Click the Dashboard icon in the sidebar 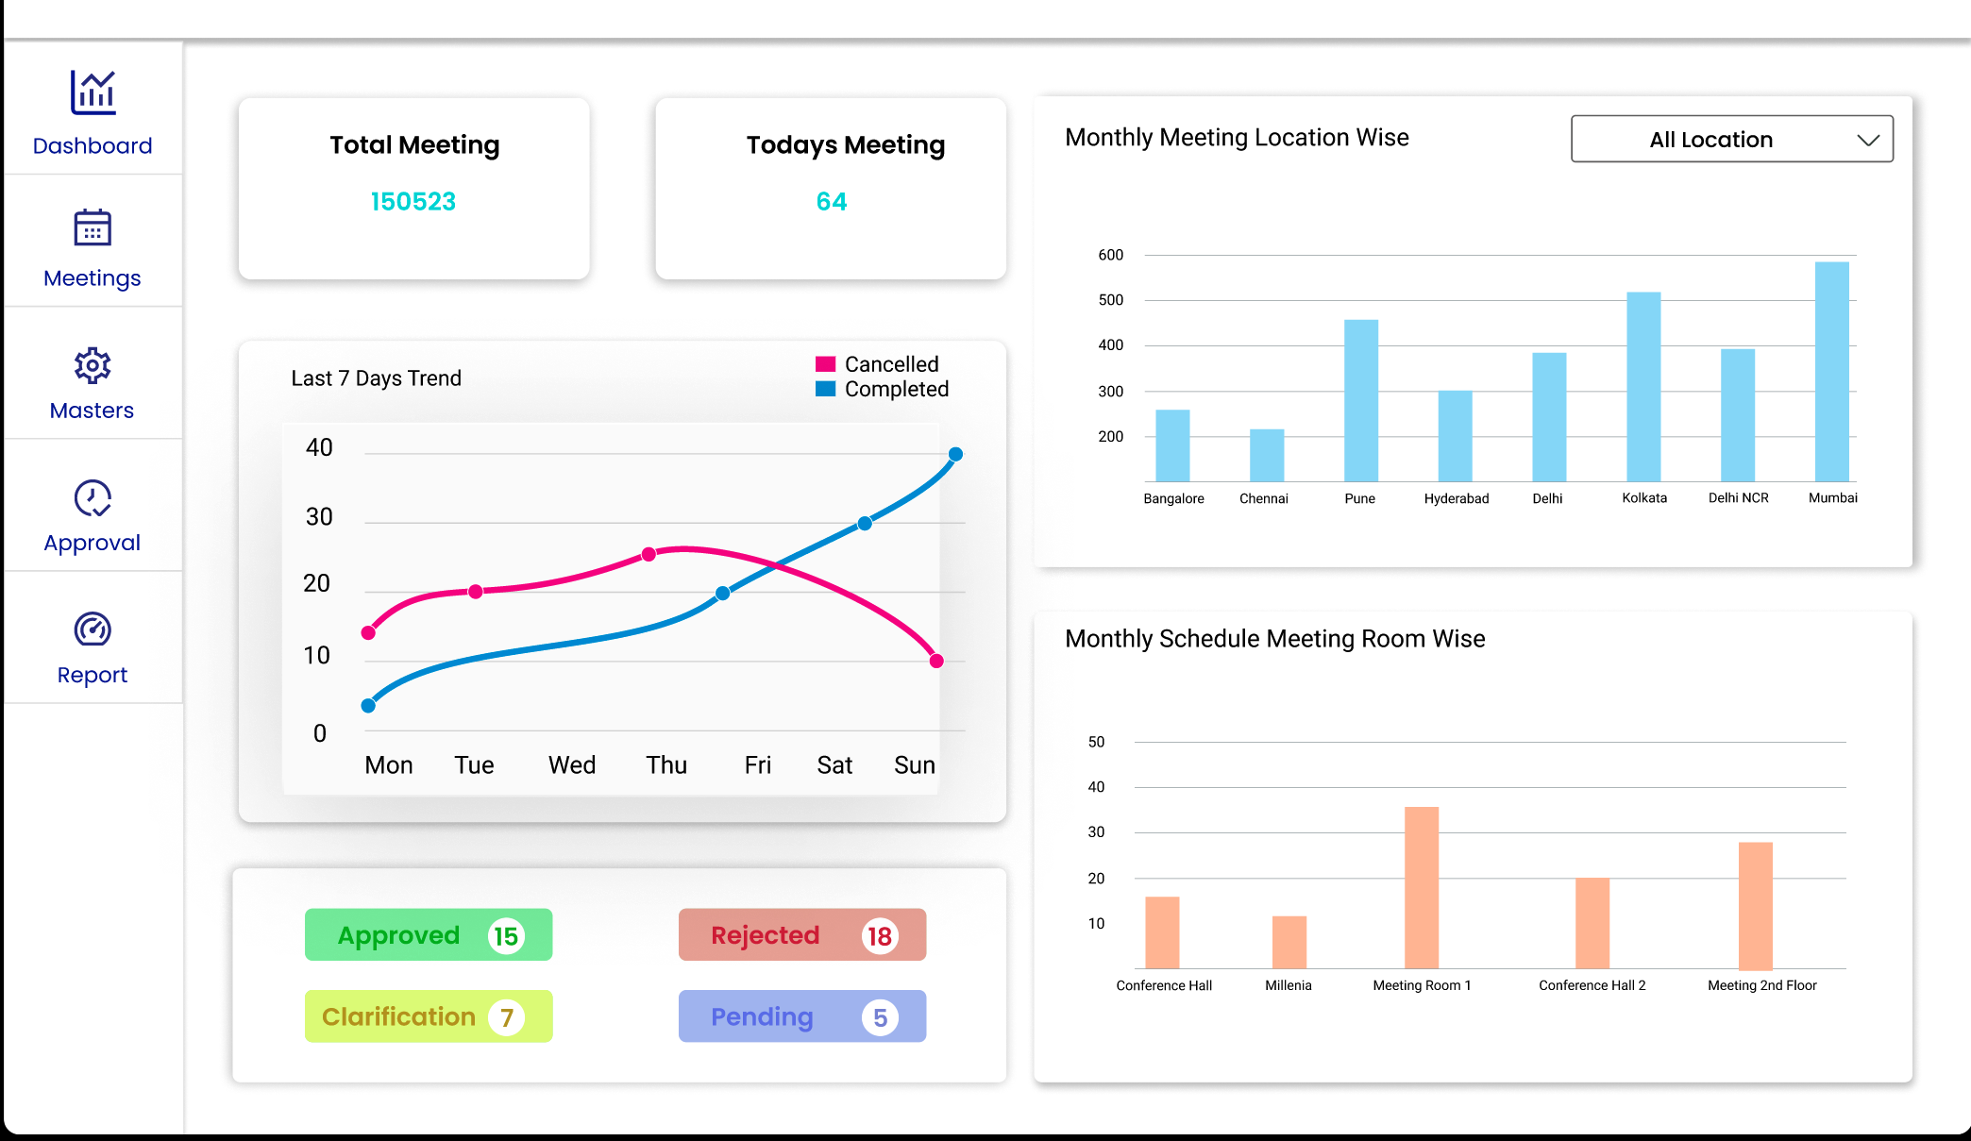(93, 92)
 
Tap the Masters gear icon (93, 365)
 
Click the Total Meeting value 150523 (413, 202)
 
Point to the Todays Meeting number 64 (832, 202)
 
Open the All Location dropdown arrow (1867, 140)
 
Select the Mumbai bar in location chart (1831, 372)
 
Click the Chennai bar (1267, 456)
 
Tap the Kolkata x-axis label (1644, 498)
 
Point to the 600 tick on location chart (1110, 255)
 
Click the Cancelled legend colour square (825, 364)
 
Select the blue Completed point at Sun (955, 454)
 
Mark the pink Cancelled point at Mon (369, 632)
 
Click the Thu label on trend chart (666, 765)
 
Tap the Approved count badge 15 (506, 936)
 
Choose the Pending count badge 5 (880, 1017)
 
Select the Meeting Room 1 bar (1422, 887)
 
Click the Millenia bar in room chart (1289, 942)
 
